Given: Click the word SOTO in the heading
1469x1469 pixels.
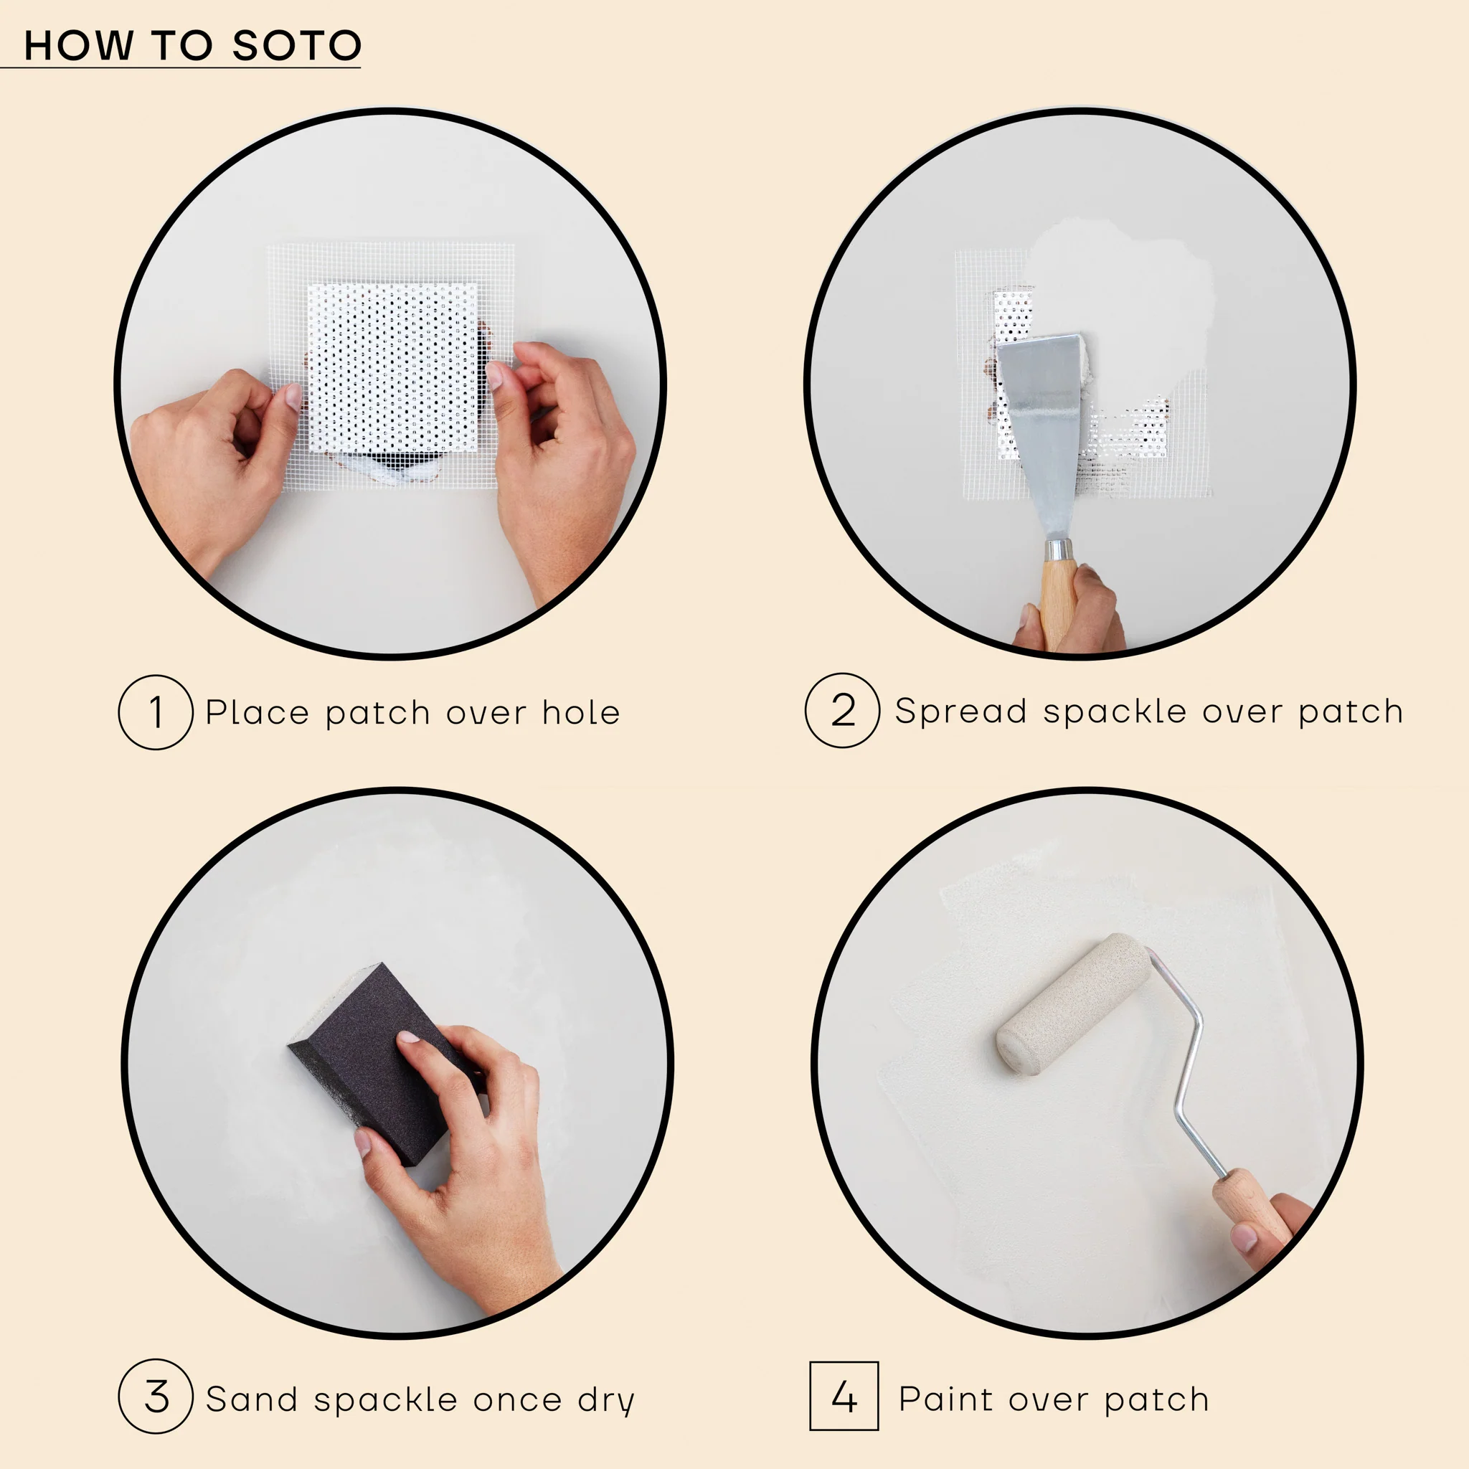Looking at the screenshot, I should coord(296,46).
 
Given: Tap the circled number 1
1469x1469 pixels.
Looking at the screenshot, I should coord(156,712).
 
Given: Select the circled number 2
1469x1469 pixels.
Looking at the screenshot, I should coord(843,710).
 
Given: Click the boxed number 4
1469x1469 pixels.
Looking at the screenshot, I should coord(844,1396).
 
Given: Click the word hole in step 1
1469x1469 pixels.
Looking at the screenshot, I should coord(581,712).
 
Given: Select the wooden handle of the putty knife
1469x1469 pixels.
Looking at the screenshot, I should coord(1057,600).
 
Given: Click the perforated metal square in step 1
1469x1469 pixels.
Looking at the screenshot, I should coord(392,365).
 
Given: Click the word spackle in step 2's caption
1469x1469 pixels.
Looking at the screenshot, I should coord(1114,711).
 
